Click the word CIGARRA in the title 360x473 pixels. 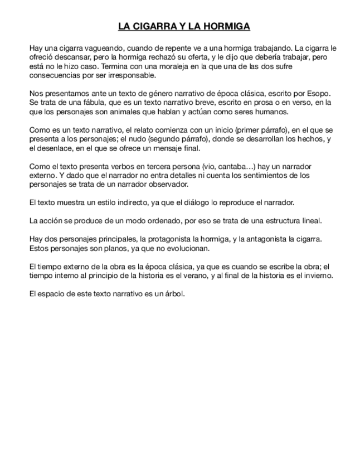tap(153, 26)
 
